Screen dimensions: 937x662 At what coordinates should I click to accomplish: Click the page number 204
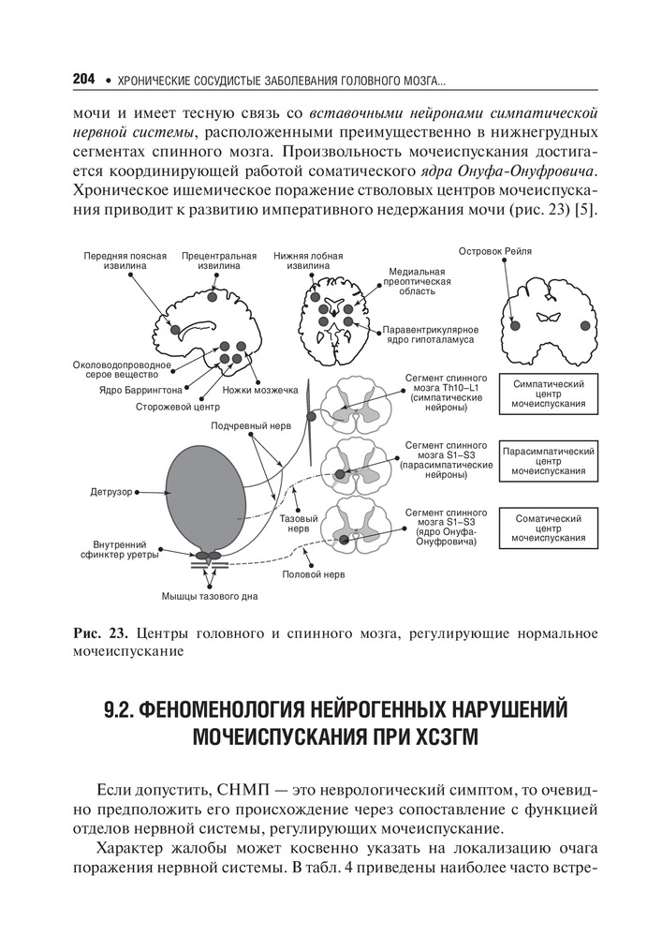point(84,81)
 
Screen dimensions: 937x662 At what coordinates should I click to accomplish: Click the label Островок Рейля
point(496,251)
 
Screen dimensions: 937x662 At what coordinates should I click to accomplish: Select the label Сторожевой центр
point(177,408)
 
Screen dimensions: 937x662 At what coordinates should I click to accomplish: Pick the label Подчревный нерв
point(245,424)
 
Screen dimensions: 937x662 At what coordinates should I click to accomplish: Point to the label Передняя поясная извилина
point(125,260)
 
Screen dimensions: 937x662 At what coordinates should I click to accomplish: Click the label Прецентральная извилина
point(219,260)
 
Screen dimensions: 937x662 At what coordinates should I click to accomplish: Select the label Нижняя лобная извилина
point(308,260)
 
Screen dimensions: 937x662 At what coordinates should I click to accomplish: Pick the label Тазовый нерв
point(297,523)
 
